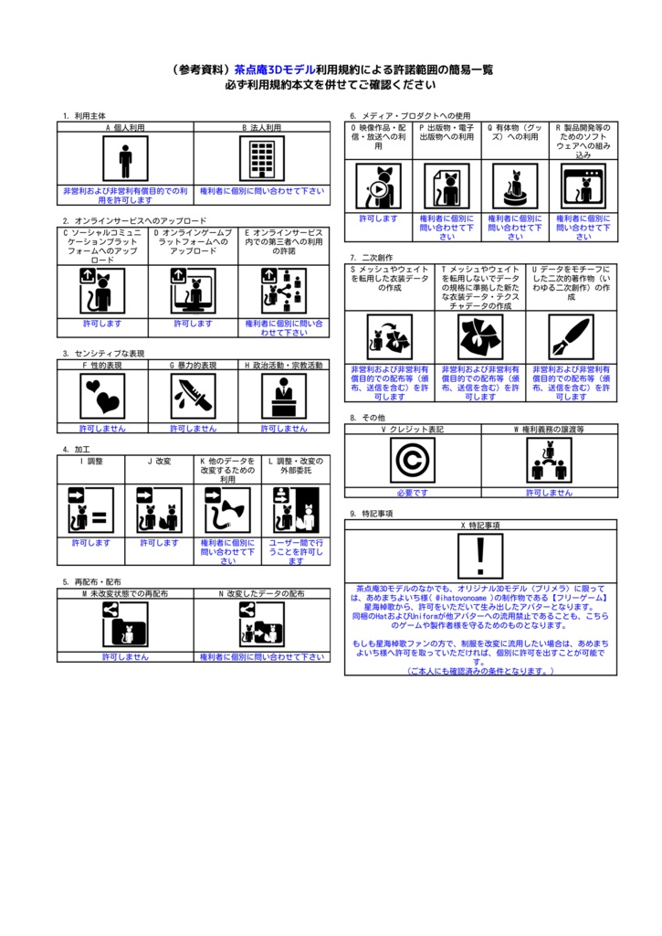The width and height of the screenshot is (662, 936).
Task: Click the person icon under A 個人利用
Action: [x=125, y=159]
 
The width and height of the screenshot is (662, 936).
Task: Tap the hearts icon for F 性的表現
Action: [x=102, y=396]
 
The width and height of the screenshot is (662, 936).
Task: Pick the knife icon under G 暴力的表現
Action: [x=193, y=396]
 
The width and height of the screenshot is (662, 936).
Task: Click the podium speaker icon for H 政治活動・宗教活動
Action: [x=284, y=396]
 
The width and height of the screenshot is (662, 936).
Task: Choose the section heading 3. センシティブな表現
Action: [x=103, y=353]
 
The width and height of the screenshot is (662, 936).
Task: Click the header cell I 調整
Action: [x=90, y=462]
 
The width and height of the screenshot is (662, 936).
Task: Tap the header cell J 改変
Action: [x=159, y=462]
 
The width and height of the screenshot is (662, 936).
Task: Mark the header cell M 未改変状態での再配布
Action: [x=125, y=593]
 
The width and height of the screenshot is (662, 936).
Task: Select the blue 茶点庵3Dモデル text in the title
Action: [x=275, y=69]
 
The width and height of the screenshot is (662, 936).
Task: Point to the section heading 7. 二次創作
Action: [x=371, y=258]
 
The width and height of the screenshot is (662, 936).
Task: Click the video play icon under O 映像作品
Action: [x=378, y=186]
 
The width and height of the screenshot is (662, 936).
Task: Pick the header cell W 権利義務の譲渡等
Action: [x=549, y=428]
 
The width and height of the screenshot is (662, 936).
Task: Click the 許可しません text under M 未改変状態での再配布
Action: [x=125, y=656]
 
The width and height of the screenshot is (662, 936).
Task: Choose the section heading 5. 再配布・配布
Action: [x=91, y=581]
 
